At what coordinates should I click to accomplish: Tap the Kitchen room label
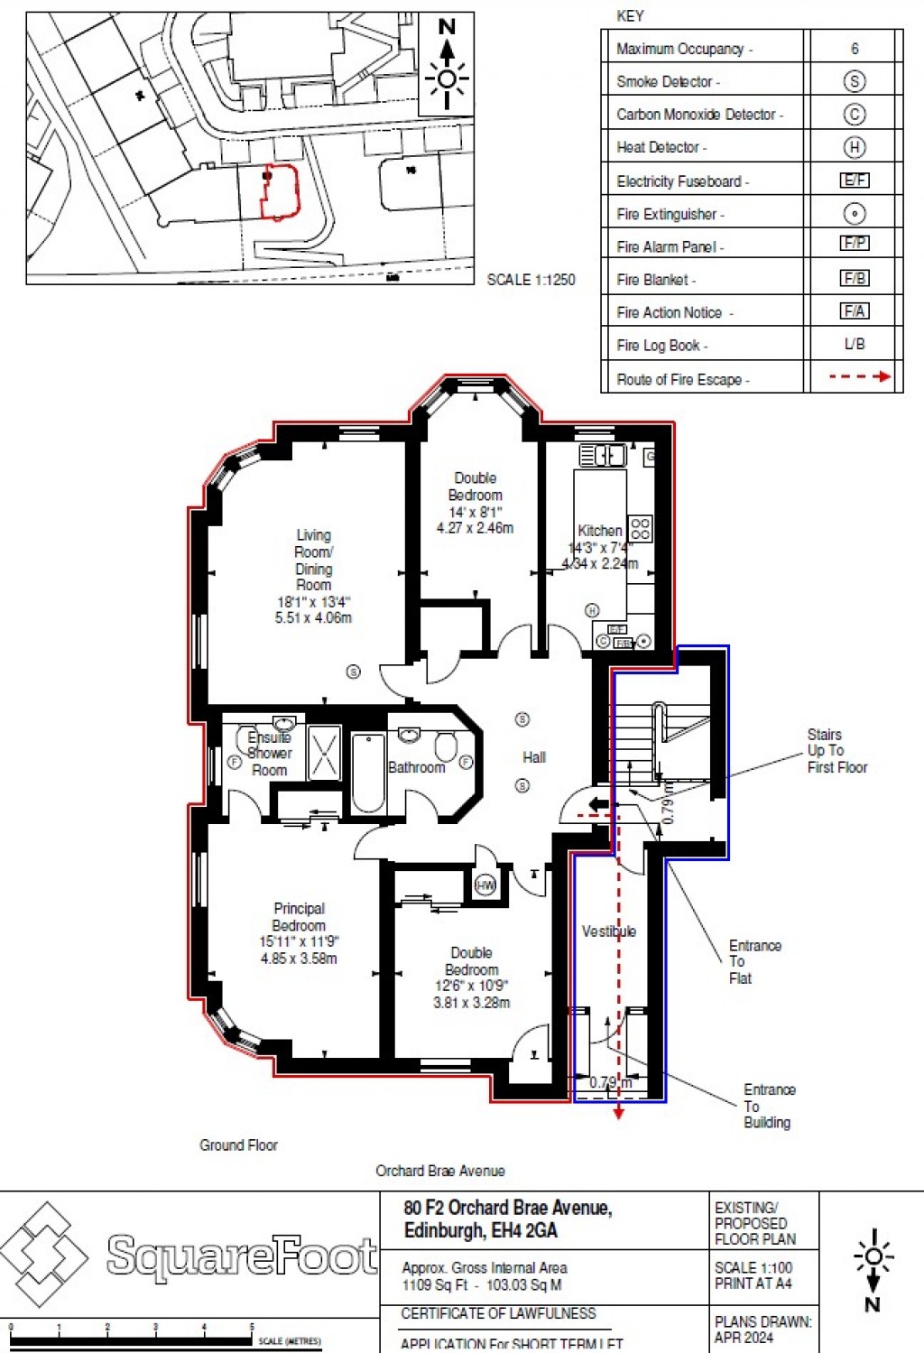coord(600,531)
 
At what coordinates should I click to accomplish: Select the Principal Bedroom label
coord(299,917)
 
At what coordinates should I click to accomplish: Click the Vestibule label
coord(608,931)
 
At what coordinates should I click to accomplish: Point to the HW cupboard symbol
coord(485,885)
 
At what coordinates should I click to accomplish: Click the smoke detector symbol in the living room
coord(354,672)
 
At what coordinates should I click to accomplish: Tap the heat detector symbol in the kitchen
coord(592,610)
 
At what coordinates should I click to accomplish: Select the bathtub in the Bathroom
coord(368,773)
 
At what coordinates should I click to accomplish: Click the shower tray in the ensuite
coord(324,752)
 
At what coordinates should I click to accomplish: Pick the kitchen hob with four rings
coord(640,528)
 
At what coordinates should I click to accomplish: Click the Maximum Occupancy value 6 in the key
coord(854,49)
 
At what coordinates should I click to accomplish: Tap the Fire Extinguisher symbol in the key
coord(854,214)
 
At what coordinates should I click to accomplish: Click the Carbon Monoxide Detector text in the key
coord(699,115)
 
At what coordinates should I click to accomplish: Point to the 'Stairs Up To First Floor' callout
coord(836,751)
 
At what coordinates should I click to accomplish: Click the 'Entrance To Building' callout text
coord(768,1106)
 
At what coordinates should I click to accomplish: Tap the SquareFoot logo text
coord(242,1256)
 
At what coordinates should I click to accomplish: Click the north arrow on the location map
coord(447,64)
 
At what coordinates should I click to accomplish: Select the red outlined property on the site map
coord(279,192)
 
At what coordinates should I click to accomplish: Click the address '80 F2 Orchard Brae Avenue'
coord(507,1208)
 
